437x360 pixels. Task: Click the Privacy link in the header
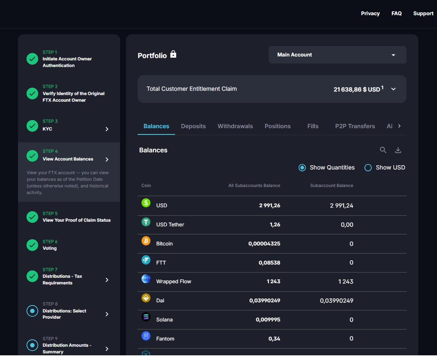370,13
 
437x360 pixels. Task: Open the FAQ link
396,13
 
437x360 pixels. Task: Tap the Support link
423,13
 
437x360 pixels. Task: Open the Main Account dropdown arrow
393,55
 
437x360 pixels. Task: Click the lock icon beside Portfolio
173,54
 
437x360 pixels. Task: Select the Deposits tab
193,126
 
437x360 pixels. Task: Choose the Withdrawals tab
235,126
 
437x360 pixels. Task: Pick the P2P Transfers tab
355,126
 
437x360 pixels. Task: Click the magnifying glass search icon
383,150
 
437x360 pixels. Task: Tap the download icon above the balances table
398,150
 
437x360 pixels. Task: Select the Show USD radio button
368,168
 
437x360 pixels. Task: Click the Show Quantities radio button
302,168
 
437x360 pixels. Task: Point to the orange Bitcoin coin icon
146,241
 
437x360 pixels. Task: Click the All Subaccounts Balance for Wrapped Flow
273,281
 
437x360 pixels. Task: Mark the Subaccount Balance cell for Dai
336,301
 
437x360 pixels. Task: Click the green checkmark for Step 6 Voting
32,245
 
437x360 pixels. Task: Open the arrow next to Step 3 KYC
107,129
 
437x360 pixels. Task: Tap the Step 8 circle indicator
32,311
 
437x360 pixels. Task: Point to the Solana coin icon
146,317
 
